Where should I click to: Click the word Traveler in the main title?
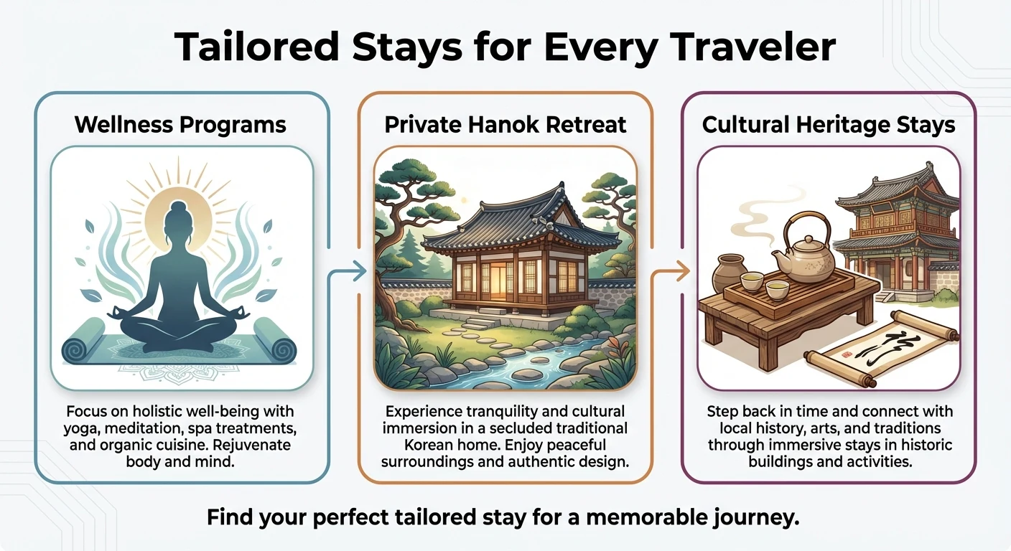coord(753,47)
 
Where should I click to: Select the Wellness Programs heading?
coord(180,124)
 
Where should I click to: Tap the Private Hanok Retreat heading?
coord(505,124)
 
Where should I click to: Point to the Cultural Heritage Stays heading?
coord(829,125)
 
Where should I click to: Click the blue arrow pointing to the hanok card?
coord(347,271)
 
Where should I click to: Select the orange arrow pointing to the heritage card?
coord(670,271)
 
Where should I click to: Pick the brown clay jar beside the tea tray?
coord(729,273)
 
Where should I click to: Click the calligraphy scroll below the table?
coord(882,349)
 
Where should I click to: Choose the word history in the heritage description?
coord(773,428)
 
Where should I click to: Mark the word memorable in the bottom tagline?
coord(646,517)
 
